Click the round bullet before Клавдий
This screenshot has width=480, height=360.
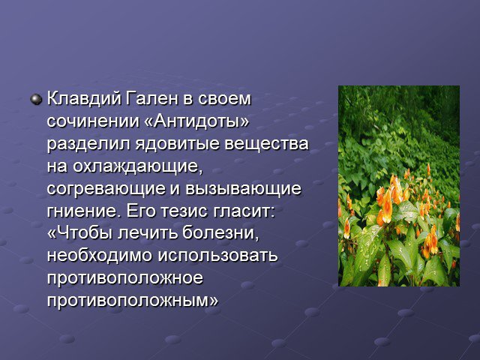[36, 100]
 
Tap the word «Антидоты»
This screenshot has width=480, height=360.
[196, 121]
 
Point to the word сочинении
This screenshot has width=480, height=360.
[93, 121]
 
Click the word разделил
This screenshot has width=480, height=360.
[88, 145]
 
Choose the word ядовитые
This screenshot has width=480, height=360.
[178, 144]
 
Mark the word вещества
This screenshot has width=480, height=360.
[266, 144]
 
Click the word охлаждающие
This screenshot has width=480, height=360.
[138, 166]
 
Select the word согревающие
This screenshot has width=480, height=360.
[106, 189]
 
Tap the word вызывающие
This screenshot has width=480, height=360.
[243, 188]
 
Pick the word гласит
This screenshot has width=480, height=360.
[243, 211]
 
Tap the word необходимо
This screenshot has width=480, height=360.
[100, 256]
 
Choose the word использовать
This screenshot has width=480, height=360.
[217, 256]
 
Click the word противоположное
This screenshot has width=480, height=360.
[125, 278]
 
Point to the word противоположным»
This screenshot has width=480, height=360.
[133, 301]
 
